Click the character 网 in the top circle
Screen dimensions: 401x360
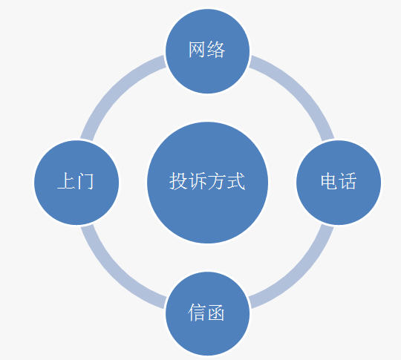click(198, 49)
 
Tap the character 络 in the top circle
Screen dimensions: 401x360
click(216, 49)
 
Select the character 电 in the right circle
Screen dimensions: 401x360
click(329, 181)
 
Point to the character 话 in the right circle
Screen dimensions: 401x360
click(348, 181)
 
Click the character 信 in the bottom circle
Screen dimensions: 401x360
click(198, 312)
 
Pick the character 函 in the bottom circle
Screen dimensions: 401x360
click(216, 312)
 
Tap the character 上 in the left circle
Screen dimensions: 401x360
click(66, 181)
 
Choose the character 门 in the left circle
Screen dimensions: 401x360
click(85, 181)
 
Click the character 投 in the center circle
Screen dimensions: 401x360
click(178, 181)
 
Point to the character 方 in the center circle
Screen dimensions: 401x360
click(217, 181)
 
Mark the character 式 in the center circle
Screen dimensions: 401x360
click(236, 181)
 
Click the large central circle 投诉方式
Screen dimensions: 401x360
click(207, 183)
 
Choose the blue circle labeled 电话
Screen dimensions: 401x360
click(339, 183)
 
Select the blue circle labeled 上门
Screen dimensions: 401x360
click(76, 183)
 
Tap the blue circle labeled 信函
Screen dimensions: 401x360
click(207, 314)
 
